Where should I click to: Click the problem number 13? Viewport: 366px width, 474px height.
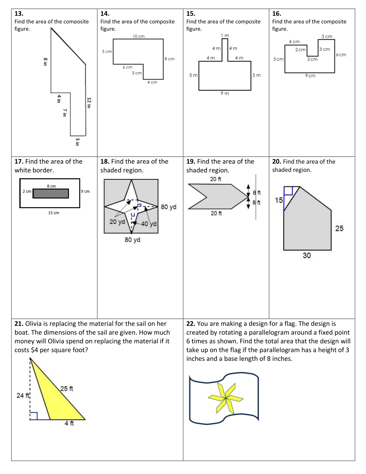pyautogui.click(x=19, y=13)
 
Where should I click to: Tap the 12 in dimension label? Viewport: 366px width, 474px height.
pyautogui.click(x=89, y=103)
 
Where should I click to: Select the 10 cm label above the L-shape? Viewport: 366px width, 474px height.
pyautogui.click(x=139, y=36)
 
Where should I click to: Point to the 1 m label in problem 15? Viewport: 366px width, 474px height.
pyautogui.click(x=225, y=35)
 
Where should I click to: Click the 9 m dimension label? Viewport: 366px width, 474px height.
pyautogui.click(x=225, y=93)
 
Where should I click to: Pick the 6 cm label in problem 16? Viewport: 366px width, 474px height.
pyautogui.click(x=341, y=55)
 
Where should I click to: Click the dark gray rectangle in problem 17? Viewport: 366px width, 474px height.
pyautogui.click(x=51, y=194)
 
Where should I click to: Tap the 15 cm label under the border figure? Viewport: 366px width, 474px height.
pyautogui.click(x=53, y=213)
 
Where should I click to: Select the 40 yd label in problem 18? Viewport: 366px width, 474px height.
pyautogui.click(x=149, y=224)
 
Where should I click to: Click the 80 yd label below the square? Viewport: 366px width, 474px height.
pyautogui.click(x=132, y=240)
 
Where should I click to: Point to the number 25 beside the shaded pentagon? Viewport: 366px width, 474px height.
pyautogui.click(x=339, y=228)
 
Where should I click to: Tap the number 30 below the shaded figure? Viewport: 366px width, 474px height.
pyautogui.click(x=307, y=255)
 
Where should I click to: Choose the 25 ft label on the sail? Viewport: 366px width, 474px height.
pyautogui.click(x=67, y=389)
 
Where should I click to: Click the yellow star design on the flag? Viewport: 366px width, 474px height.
pyautogui.click(x=226, y=398)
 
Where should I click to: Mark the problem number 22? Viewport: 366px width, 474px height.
pyautogui.click(x=191, y=323)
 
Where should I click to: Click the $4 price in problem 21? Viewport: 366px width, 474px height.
pyautogui.click(x=34, y=350)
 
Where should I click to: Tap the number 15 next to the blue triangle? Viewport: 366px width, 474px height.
pyautogui.click(x=279, y=200)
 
